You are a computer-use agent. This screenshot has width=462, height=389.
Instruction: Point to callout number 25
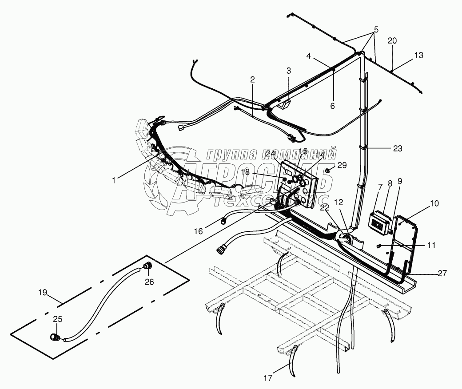[x=58, y=319]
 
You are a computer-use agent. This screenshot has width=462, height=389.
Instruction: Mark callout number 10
[x=434, y=203]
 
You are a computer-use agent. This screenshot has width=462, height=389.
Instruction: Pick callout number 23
[x=397, y=149]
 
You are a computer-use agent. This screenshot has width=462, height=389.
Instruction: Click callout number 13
[x=418, y=56]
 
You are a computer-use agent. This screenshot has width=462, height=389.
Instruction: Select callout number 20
[x=392, y=40]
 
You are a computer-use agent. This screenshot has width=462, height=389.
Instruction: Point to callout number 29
[x=342, y=165]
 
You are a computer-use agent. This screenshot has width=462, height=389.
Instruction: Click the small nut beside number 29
[x=328, y=170]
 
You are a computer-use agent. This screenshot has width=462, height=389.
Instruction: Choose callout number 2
[x=252, y=80]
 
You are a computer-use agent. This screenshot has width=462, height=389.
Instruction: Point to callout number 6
[x=332, y=106]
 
